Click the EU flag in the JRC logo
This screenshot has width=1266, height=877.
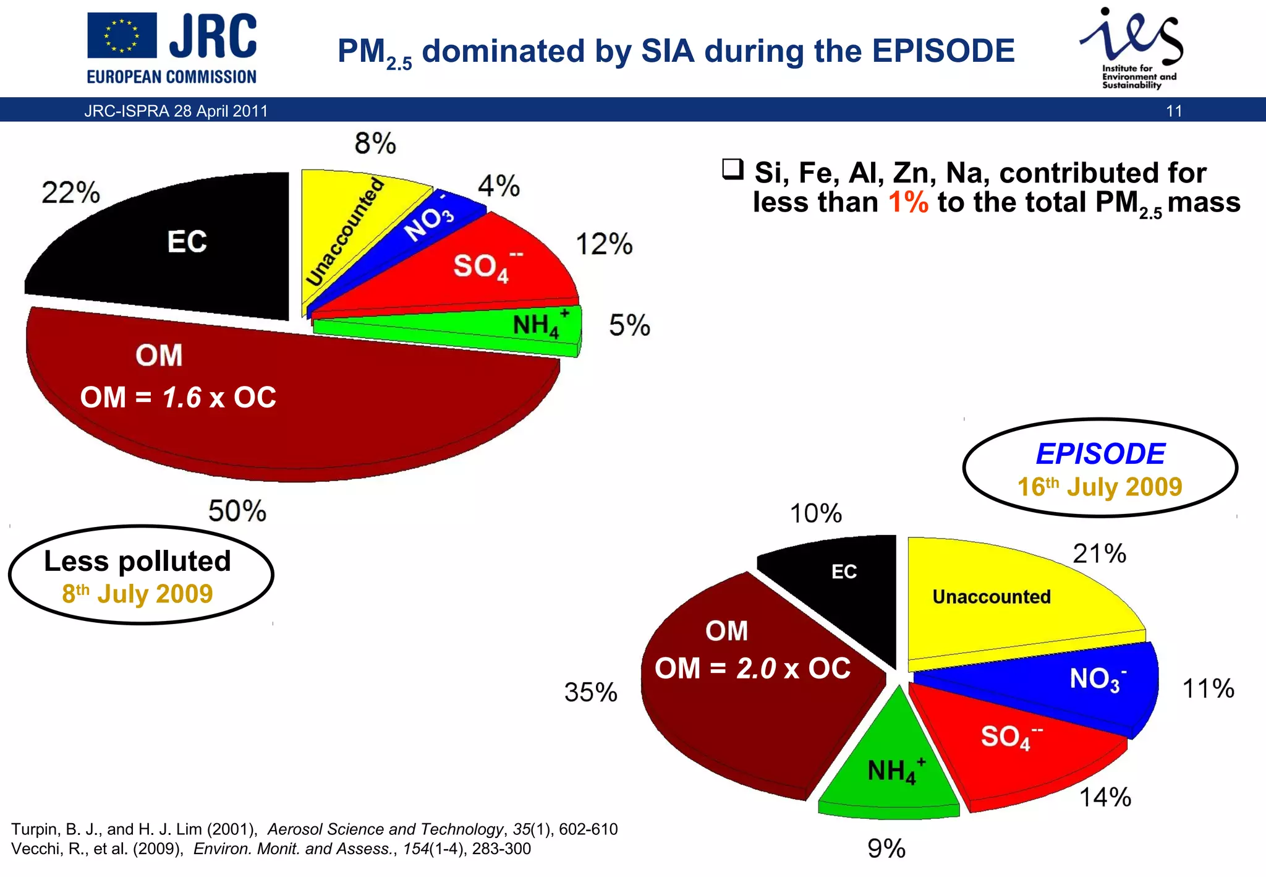121,36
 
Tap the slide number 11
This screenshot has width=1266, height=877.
1173,111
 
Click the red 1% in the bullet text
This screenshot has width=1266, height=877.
907,202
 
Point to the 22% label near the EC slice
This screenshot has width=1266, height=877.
70,192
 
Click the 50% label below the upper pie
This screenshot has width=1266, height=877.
237,511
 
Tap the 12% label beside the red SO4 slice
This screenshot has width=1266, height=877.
604,244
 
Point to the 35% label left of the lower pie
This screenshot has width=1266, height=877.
590,692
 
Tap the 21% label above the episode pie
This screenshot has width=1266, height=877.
1099,554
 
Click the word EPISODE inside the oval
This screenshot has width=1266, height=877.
1100,454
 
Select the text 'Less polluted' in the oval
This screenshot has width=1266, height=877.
137,562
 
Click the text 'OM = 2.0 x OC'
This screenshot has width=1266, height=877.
752,669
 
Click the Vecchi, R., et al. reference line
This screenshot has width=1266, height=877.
271,849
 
